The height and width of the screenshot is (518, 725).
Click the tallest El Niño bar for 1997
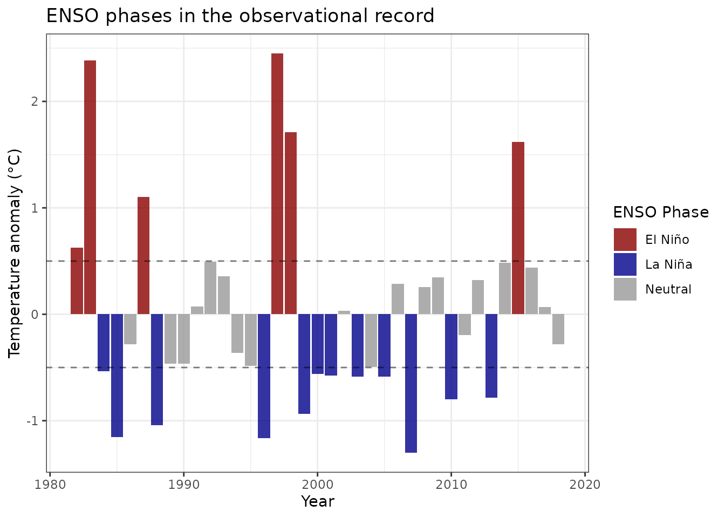pyautogui.click(x=277, y=183)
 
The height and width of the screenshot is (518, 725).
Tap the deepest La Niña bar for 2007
pyautogui.click(x=411, y=383)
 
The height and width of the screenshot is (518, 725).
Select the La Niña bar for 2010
pyautogui.click(x=451, y=356)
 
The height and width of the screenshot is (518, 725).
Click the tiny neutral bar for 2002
pyautogui.click(x=344, y=312)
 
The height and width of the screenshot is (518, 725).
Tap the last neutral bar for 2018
pyautogui.click(x=558, y=329)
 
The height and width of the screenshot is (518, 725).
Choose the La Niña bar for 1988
pyautogui.click(x=157, y=369)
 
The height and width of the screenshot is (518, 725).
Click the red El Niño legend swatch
pyautogui.click(x=625, y=240)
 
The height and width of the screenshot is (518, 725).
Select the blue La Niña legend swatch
pyautogui.click(x=625, y=264)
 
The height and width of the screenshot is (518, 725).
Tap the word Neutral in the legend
pyautogui.click(x=668, y=289)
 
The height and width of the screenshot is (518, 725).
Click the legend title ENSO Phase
pyautogui.click(x=661, y=212)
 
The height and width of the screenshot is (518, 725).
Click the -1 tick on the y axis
pyautogui.click(x=34, y=421)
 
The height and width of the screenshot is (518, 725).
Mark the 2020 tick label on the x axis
pyautogui.click(x=585, y=484)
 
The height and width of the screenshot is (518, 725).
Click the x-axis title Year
pyautogui.click(x=318, y=501)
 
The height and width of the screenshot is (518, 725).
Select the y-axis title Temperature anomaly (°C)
pyautogui.click(x=15, y=253)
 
